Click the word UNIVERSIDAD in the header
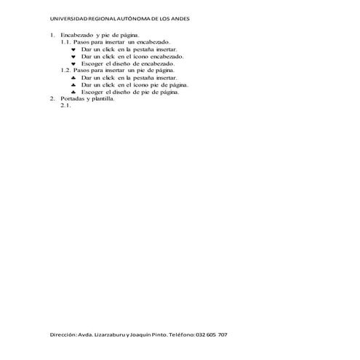coord(65,20)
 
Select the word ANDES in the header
coord(177,20)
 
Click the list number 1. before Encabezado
coord(52,35)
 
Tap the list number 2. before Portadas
coord(52,99)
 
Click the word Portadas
coord(73,99)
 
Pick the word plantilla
coord(102,99)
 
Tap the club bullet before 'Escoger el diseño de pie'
coord(73,92)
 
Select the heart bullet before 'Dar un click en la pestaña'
coord(73,49)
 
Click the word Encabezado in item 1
coord(76,35)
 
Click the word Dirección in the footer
coord(64,335)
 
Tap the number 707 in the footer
coord(223,335)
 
